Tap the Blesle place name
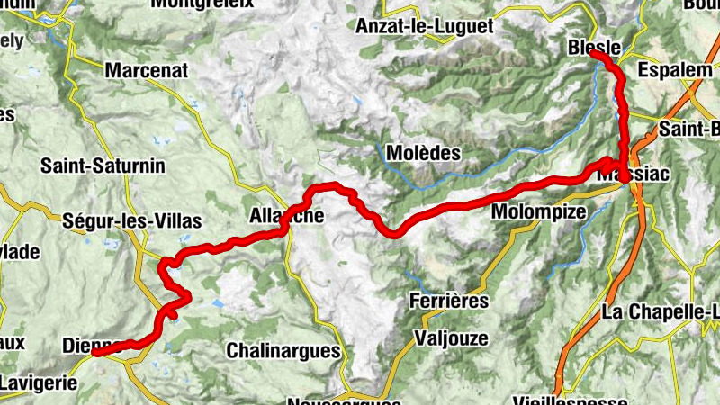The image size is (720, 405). coord(595,47)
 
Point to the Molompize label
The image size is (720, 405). coord(539,211)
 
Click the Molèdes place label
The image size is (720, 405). coord(423,153)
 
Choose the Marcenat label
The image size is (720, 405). coord(145,69)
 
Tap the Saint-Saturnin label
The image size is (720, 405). coord(103,166)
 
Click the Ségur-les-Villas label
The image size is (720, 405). coord(132,220)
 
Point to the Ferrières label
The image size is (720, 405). coord(448,300)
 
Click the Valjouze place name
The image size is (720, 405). coord(451,338)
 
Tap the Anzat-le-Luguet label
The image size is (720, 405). coord(425,26)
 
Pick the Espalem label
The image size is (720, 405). coord(668,69)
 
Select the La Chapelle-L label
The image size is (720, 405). coord(661,312)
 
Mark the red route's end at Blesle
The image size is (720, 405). coord(594,55)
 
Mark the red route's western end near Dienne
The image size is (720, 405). coord(94,353)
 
